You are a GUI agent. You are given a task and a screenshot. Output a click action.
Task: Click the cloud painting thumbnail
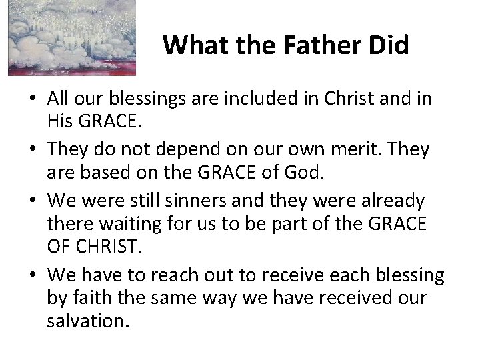[x=71, y=37]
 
